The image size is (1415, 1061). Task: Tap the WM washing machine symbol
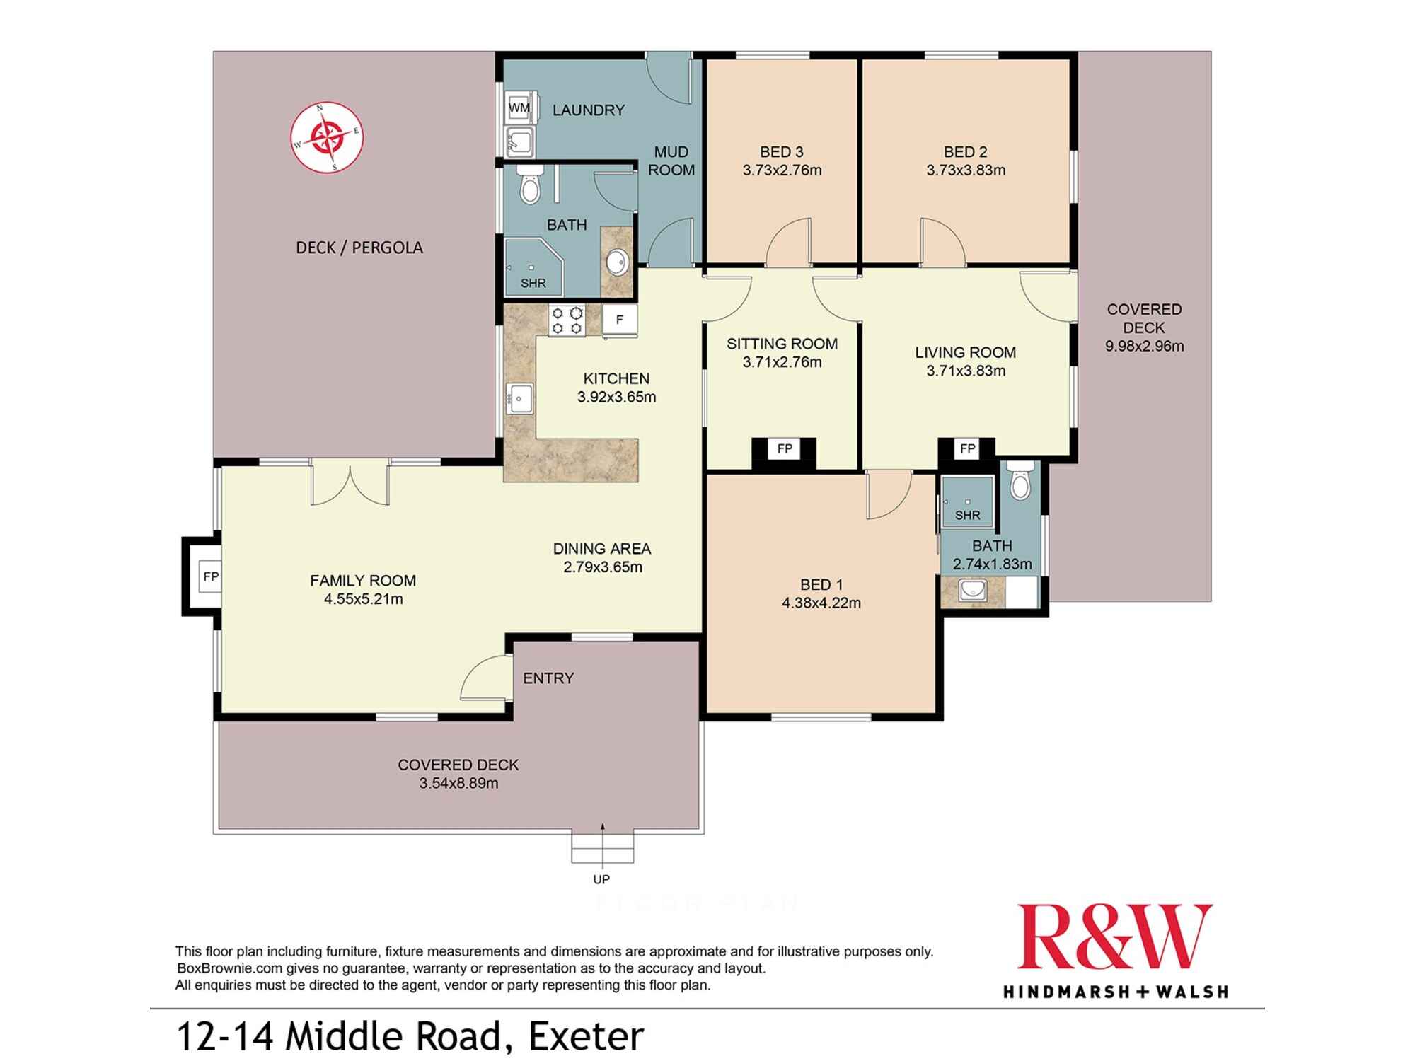point(519,108)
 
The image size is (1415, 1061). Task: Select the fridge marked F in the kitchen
point(619,320)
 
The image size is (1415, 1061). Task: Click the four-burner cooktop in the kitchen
point(567,320)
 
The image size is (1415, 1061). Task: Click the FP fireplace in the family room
point(211,576)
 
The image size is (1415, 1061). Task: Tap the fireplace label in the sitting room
point(784,448)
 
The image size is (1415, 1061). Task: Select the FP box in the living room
point(967,448)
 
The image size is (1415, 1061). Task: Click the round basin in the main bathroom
point(618,262)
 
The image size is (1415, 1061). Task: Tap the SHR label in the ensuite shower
point(967,516)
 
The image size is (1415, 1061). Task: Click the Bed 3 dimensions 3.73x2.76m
point(782,170)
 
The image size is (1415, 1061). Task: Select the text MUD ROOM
point(671,161)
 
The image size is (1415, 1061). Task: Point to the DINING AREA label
point(602,548)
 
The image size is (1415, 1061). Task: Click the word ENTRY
point(548,678)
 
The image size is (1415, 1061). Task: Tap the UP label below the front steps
point(601,879)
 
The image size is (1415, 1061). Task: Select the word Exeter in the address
point(587,1036)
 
